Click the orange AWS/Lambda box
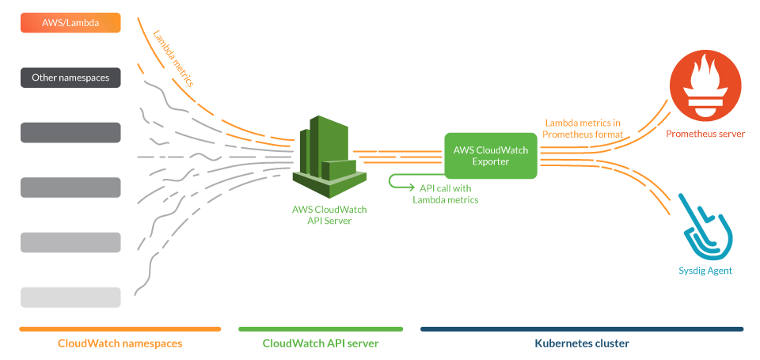click(70, 23)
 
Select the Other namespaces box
click(70, 78)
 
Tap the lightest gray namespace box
click(70, 297)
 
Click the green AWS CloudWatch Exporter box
click(491, 155)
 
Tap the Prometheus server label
click(705, 134)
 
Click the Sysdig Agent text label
click(705, 271)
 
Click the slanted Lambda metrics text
click(173, 59)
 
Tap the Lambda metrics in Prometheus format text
click(583, 129)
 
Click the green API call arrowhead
click(412, 188)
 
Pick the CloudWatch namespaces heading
click(120, 343)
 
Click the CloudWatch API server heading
click(321, 343)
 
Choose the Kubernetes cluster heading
click(582, 343)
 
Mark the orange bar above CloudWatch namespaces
click(120, 329)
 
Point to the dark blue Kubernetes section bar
click(582, 329)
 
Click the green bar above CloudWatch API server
click(321, 329)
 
